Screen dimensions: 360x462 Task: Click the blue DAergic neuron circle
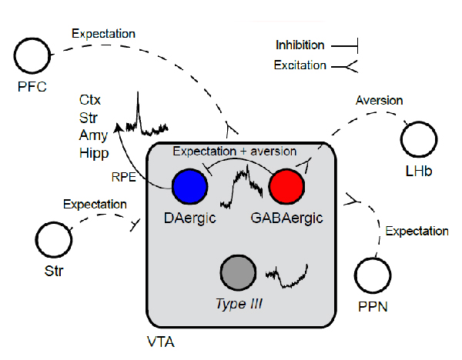coord(189,187)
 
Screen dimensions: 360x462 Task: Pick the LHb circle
coord(419,142)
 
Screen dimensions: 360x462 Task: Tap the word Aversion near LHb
coord(379,101)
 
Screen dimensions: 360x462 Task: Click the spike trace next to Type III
coord(287,275)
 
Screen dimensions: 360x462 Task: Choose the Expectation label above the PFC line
coord(103,34)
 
